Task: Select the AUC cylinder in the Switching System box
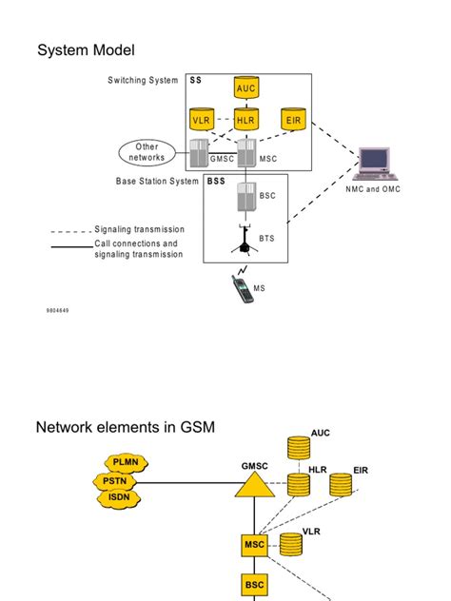coord(246,88)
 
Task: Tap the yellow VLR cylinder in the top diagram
coord(202,121)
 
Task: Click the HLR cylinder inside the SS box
coord(246,121)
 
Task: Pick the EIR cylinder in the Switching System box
coord(292,121)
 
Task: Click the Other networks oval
coord(147,152)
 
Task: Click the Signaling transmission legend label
coord(139,229)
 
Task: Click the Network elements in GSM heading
coord(126,427)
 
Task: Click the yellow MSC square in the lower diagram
coord(253,545)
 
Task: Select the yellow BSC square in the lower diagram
coord(253,585)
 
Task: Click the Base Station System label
coord(157,181)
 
